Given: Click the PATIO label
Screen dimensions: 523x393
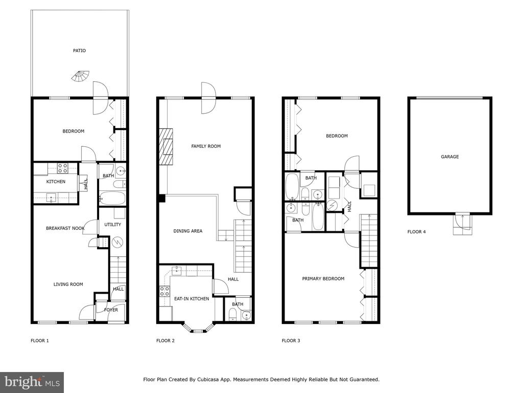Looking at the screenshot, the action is (79, 51).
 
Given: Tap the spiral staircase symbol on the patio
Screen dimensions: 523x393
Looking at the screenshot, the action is (80, 77).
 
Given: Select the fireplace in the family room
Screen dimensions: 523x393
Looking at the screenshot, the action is (166, 147).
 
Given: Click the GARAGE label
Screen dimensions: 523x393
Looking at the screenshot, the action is (449, 157).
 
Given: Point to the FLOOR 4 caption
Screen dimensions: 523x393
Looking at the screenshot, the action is (416, 232).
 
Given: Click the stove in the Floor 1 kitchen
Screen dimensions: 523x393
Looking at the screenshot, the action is (62, 168).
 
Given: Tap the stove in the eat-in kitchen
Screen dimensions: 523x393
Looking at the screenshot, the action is (164, 291).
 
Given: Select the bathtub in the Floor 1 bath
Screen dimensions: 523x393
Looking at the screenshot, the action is (112, 198).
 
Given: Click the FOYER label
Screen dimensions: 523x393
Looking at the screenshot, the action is (111, 310).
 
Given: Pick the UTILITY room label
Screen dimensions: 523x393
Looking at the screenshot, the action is (113, 225).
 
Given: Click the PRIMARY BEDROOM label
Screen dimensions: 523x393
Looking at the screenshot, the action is (323, 279).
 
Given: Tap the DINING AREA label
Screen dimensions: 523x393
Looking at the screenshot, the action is (188, 231).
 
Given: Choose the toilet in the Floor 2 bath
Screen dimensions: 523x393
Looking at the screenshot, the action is (233, 314).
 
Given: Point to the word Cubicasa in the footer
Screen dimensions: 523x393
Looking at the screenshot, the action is (208, 379).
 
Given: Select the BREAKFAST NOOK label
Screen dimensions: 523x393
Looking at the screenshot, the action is (65, 228).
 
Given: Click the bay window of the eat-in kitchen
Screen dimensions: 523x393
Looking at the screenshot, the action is (198, 327).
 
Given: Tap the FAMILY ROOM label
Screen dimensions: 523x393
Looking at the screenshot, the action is (206, 146).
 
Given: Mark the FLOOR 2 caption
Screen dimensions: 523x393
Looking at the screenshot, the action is (165, 340).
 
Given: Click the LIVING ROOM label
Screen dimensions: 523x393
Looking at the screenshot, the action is (68, 285).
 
